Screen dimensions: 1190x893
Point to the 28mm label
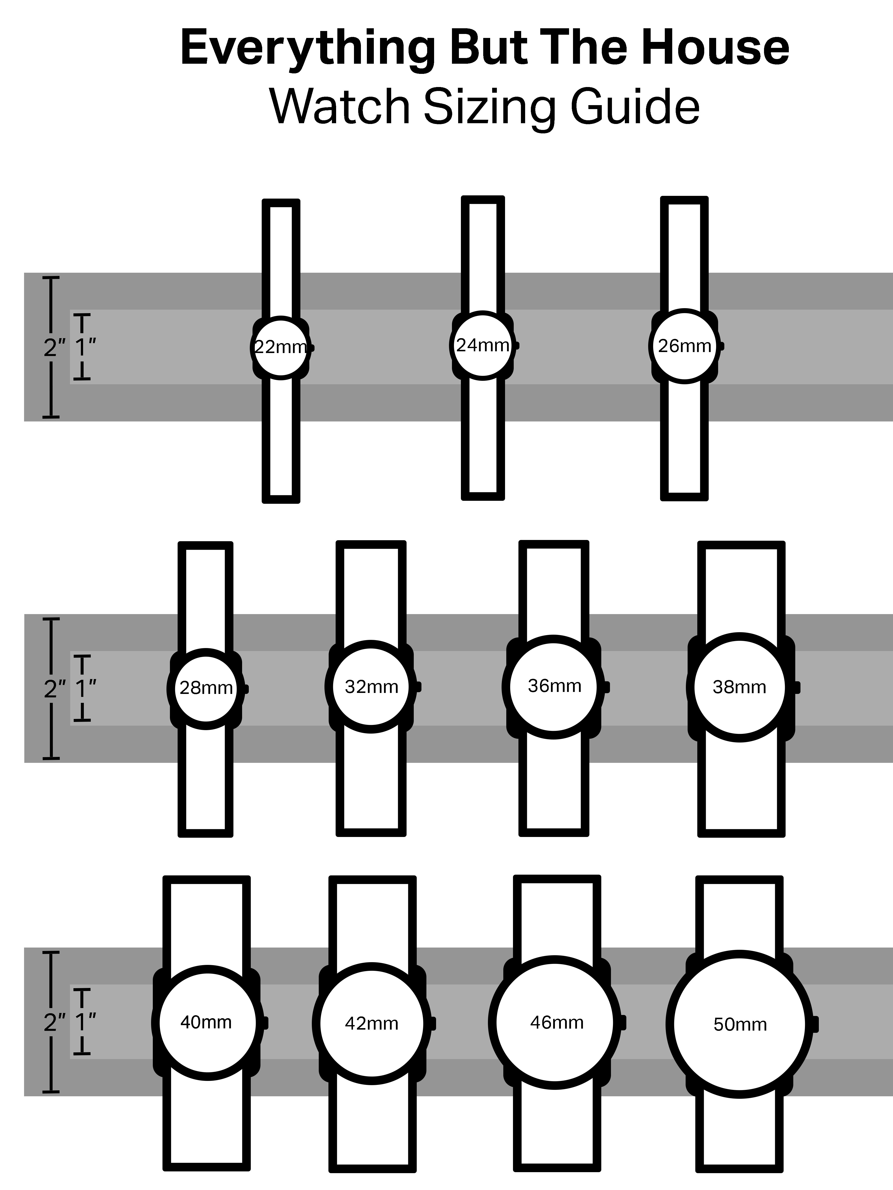tap(206, 688)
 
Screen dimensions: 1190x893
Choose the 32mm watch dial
tap(371, 687)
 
